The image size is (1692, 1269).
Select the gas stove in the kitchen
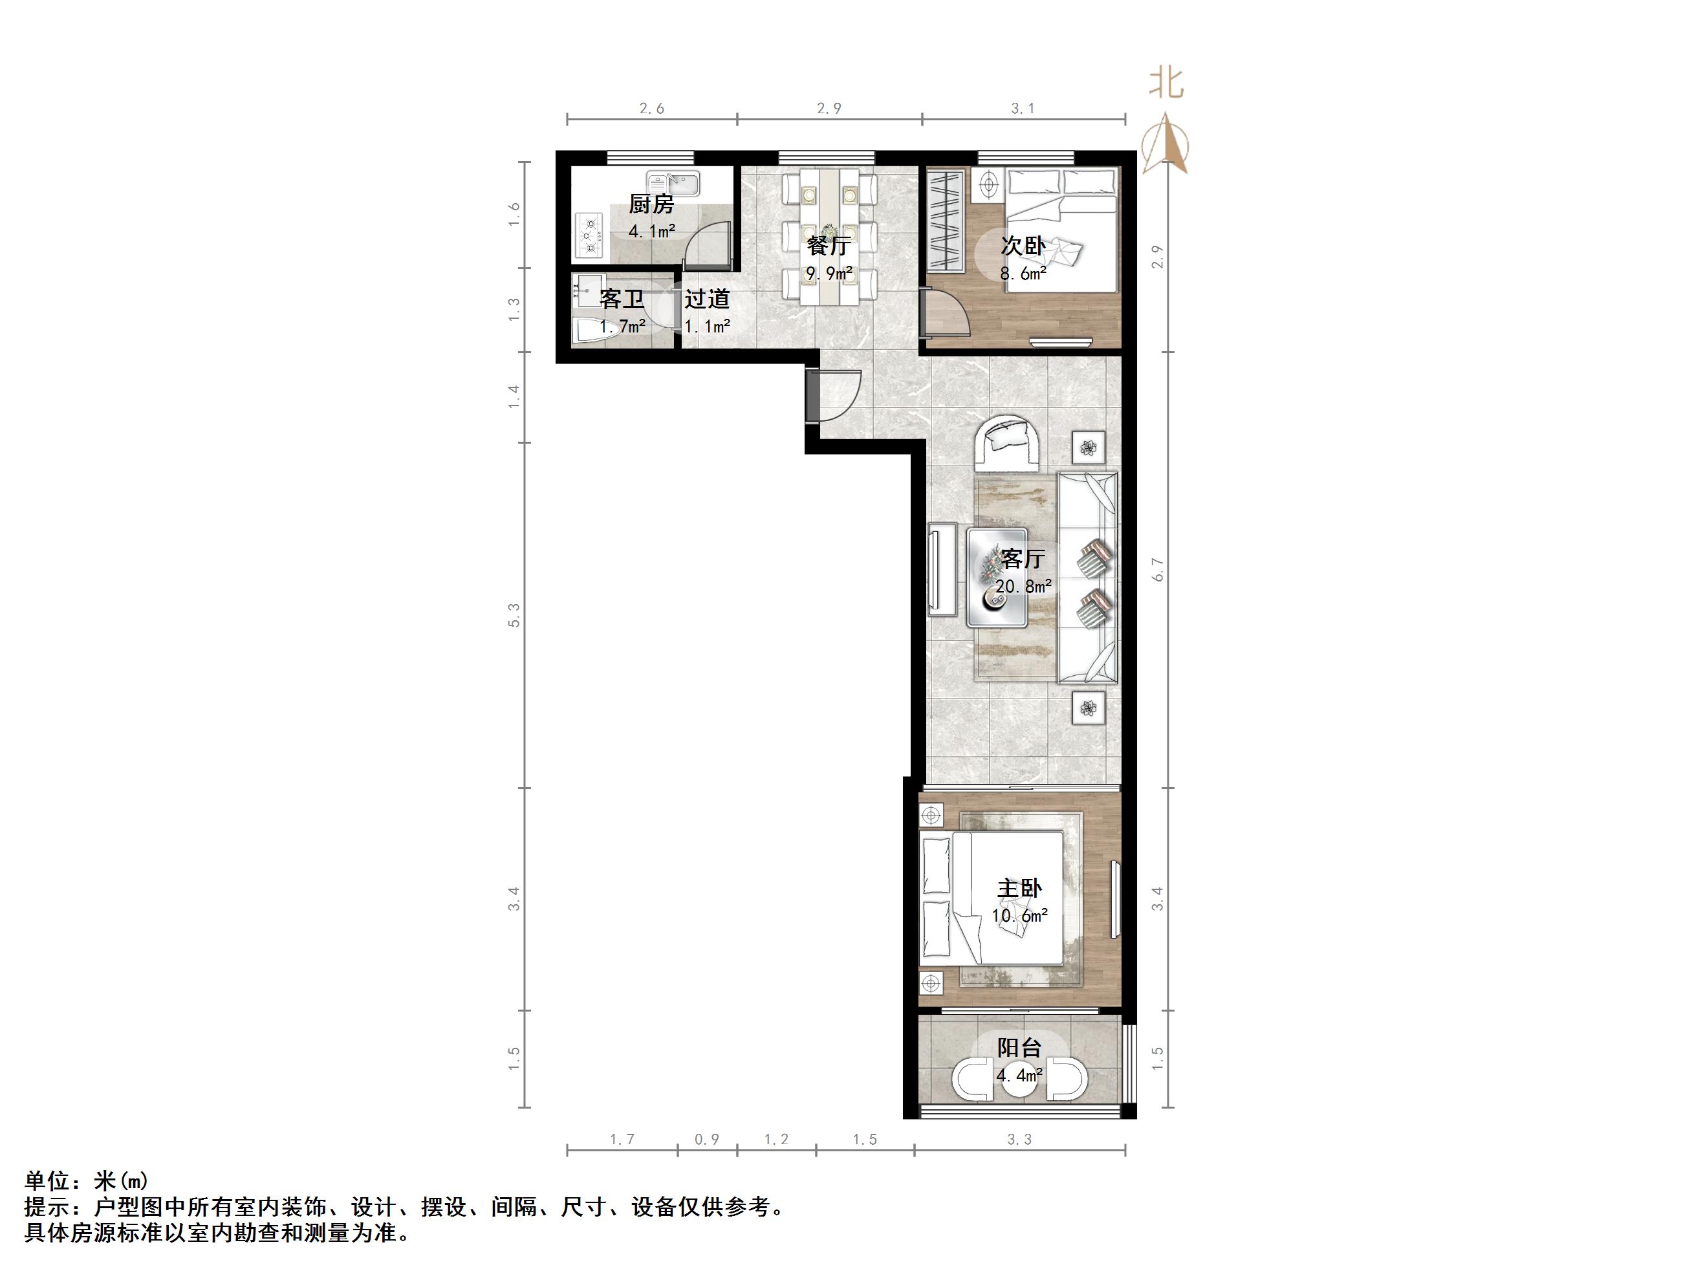pos(589,235)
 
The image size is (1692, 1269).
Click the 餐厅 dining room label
pos(829,246)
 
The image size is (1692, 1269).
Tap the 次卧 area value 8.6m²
pos(1023,273)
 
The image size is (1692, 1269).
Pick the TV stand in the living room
pos(942,569)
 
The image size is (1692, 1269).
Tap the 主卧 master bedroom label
pos(1019,888)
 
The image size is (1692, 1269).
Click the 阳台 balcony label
pos(1019,1047)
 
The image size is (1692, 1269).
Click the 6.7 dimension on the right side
pos(1158,569)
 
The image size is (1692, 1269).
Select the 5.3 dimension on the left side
pos(515,615)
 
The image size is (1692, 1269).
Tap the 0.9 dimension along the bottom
pos(707,1139)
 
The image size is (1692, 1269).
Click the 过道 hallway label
pos(707,298)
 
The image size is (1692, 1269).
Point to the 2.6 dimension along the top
pos(652,109)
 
